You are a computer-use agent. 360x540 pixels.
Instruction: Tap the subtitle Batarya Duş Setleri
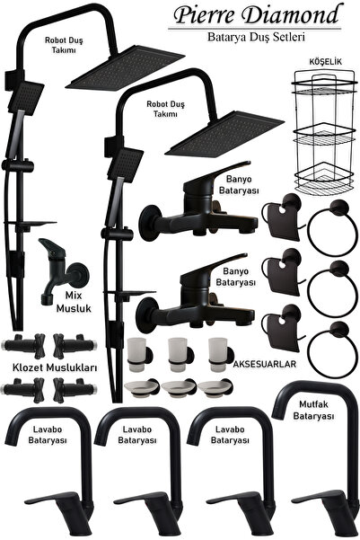point(256,37)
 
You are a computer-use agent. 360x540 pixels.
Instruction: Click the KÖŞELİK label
point(325,62)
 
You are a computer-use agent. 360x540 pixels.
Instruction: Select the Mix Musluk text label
point(74,302)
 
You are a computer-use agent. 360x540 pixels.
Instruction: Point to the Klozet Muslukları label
point(55,367)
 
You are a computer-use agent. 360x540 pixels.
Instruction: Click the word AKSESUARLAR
point(264,364)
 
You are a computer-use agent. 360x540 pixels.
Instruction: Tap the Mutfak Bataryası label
point(313,410)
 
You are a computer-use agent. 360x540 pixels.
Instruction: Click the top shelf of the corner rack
point(323,84)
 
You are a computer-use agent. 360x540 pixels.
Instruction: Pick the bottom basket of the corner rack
point(324,179)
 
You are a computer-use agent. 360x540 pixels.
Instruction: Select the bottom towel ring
point(332,350)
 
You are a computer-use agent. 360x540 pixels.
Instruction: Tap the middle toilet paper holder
point(282,272)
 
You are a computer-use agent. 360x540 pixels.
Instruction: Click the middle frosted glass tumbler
point(177,354)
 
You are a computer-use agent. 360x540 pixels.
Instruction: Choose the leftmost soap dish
point(140,388)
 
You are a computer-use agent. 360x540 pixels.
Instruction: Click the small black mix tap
point(62,269)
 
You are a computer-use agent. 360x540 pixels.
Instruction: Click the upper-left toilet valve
point(23,344)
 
